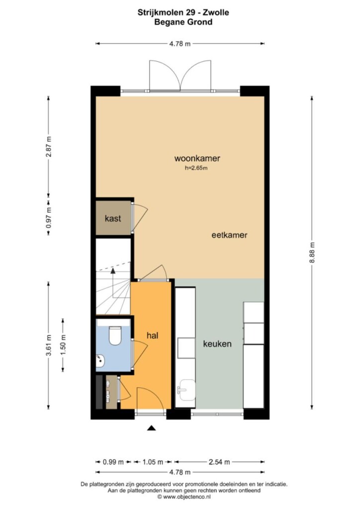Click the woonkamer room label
[x=197, y=159]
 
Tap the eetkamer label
[x=229, y=235]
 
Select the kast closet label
[x=113, y=218]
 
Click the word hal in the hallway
[x=152, y=336]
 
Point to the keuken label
[x=217, y=344]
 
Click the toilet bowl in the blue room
[x=114, y=336]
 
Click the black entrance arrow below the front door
[x=151, y=428]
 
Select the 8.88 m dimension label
[x=312, y=253]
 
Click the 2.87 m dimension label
[x=49, y=147]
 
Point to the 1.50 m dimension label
[x=63, y=345]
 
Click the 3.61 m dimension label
[x=49, y=345]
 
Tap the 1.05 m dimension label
[x=153, y=462]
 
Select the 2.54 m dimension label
[x=219, y=462]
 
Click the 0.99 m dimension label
[x=113, y=462]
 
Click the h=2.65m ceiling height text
[x=196, y=168]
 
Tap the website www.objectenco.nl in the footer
[x=186, y=497]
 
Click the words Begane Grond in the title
[x=183, y=22]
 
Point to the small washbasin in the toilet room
[x=100, y=361]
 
